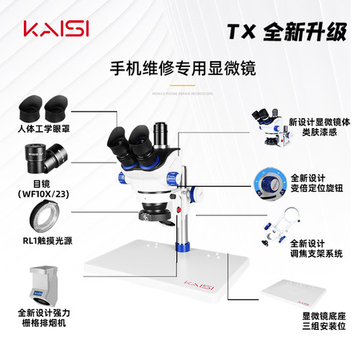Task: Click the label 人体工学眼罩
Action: [44, 132]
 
